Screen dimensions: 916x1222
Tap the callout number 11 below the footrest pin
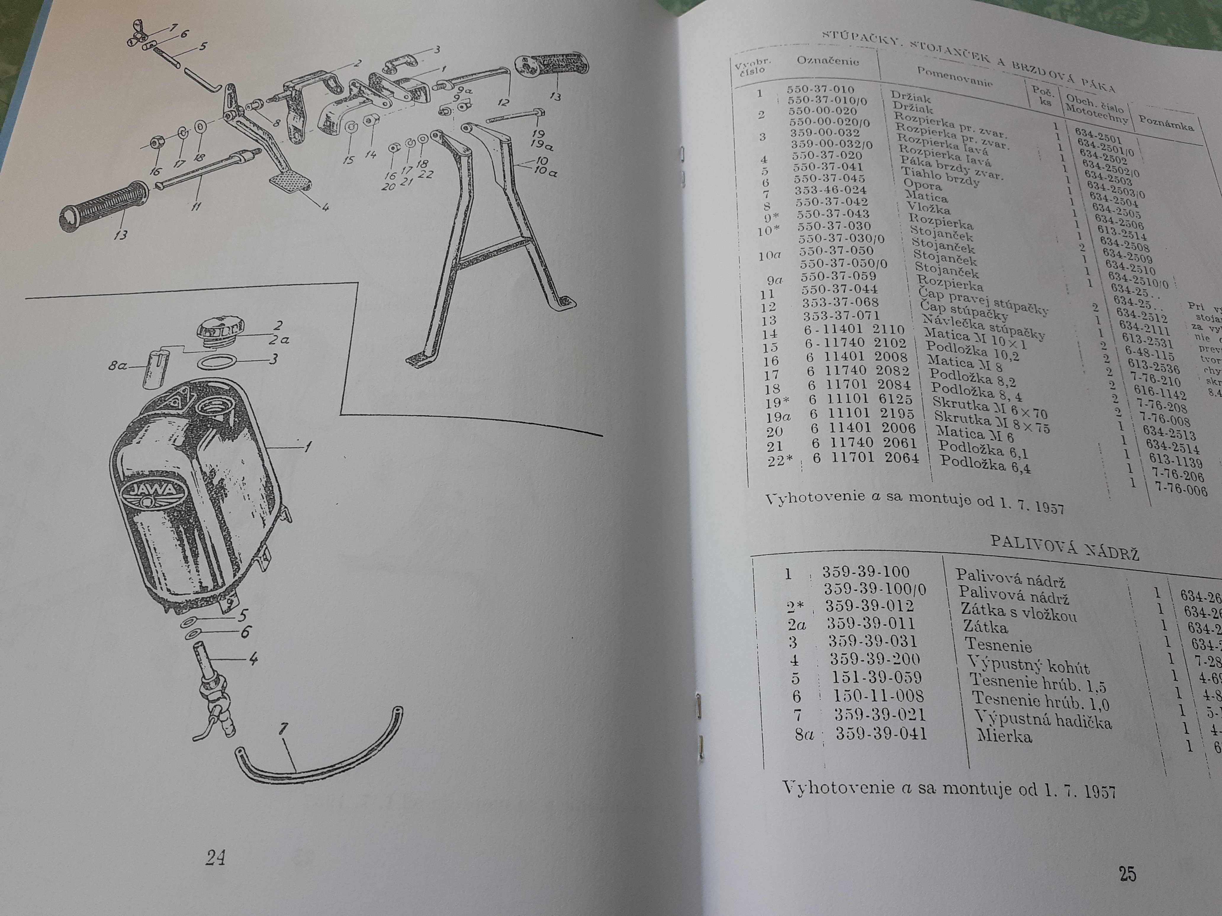(196, 207)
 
